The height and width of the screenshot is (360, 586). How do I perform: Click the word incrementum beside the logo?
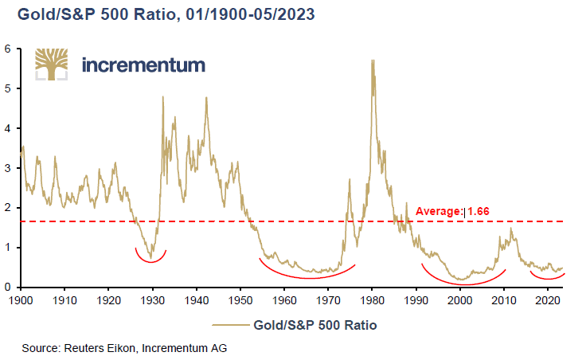tap(144, 65)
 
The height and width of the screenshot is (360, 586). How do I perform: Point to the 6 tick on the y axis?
tap(8, 49)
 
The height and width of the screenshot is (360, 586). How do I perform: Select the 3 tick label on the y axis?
tap(8, 168)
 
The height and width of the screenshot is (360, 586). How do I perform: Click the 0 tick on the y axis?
tap(8, 288)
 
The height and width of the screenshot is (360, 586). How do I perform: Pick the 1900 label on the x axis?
tap(21, 301)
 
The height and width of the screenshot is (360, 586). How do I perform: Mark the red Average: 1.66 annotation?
tap(453, 211)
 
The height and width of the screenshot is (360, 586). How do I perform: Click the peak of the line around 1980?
tap(373, 61)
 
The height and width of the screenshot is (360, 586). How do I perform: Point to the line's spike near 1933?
tap(163, 97)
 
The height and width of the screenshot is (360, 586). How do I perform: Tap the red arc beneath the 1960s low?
tap(307, 276)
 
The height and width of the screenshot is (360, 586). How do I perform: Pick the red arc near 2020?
tap(547, 279)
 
